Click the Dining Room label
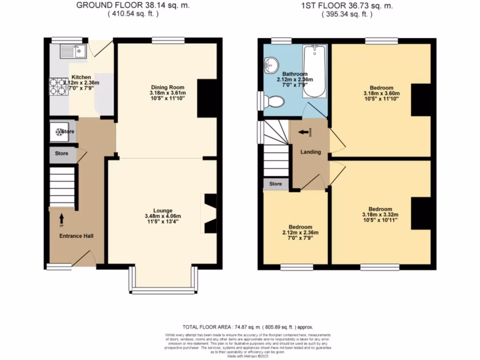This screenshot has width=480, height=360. click(167, 87)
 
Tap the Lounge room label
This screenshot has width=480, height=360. click(162, 210)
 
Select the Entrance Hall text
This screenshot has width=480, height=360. click(76, 236)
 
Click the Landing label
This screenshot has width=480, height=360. click(310, 152)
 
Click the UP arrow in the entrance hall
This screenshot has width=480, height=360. click(61, 218)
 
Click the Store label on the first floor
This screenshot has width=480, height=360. click(276, 184)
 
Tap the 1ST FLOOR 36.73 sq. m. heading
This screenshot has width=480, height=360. click(347, 6)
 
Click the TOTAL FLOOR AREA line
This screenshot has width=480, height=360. click(248, 327)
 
